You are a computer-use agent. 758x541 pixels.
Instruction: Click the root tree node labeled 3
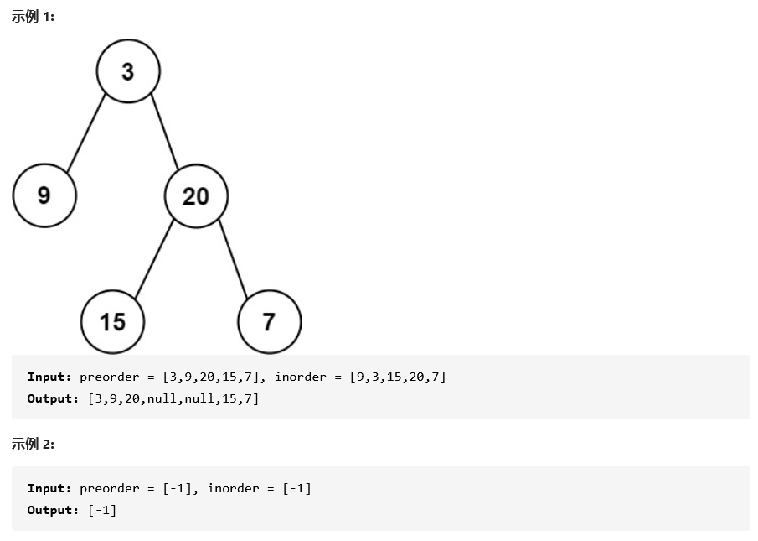point(128,71)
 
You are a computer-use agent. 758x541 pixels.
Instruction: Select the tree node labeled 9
point(44,195)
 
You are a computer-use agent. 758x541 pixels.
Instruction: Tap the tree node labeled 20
point(196,196)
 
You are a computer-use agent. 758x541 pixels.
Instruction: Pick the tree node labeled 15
point(112,322)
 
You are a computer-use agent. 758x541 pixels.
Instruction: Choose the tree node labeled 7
point(269,322)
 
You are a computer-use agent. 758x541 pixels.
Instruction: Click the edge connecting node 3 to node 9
point(85,133)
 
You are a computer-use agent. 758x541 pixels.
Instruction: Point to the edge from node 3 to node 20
point(164,131)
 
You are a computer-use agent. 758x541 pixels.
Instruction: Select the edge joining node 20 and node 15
point(154,259)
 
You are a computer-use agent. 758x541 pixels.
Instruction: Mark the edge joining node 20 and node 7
point(233,258)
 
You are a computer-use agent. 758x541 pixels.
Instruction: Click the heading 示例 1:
point(33,17)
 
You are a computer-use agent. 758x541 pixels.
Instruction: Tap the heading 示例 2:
point(33,444)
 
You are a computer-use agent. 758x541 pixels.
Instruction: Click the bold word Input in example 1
point(48,377)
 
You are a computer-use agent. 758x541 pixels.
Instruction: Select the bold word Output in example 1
point(51,398)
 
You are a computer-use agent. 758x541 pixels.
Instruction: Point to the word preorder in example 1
point(109,377)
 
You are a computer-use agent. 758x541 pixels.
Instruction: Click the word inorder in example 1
point(301,377)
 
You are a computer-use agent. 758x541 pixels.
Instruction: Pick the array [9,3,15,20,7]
point(398,377)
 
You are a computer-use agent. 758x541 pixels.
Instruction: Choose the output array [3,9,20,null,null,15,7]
point(173,398)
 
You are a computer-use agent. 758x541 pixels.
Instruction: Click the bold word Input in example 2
point(48,489)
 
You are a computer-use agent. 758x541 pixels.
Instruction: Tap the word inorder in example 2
point(234,489)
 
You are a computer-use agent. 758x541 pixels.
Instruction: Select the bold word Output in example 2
point(51,511)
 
